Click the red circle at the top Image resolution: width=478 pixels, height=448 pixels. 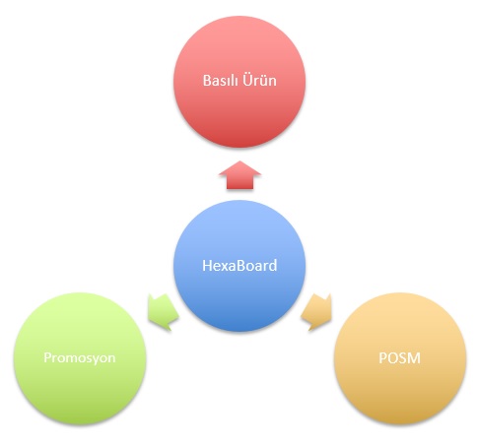(239, 82)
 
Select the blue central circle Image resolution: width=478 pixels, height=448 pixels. (239, 266)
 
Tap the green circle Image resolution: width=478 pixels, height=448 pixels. (80, 358)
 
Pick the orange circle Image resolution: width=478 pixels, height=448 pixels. (400, 358)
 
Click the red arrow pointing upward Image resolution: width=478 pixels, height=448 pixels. (239, 175)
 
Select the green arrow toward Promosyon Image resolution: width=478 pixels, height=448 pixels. (163, 312)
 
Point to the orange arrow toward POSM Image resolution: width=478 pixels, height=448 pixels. (316, 312)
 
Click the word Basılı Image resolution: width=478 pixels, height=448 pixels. (220, 81)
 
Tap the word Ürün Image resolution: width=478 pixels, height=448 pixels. (259, 81)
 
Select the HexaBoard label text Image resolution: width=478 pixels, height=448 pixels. (239, 266)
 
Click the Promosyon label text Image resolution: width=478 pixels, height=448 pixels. (80, 358)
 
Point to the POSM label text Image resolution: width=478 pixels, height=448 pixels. (400, 358)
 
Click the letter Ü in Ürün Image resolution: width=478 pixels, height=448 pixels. (247, 81)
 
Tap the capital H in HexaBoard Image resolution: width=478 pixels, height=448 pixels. (207, 266)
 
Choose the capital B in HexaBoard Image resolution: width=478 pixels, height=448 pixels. (241, 266)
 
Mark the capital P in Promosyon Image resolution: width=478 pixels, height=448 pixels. (48, 357)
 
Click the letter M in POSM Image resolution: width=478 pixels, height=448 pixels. (414, 358)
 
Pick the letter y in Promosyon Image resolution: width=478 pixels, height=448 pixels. (95, 359)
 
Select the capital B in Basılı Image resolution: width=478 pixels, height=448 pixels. (207, 81)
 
